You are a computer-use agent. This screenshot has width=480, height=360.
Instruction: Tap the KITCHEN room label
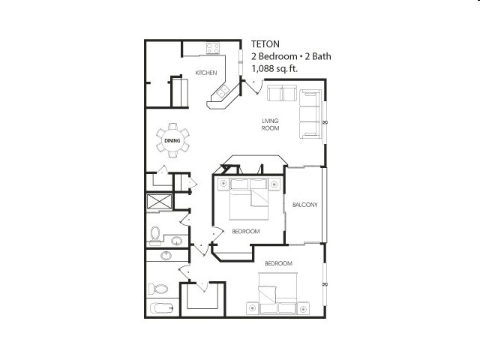click(x=206, y=73)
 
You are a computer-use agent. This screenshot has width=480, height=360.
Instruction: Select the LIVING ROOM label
click(x=270, y=124)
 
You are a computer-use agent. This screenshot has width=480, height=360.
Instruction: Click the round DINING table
click(x=172, y=140)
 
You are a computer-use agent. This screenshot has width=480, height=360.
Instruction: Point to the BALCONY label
click(x=305, y=205)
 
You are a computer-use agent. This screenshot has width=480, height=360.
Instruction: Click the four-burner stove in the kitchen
click(x=213, y=48)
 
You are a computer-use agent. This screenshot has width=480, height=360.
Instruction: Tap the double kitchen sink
click(x=223, y=91)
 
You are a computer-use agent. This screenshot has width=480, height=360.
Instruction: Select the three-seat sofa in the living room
click(x=310, y=114)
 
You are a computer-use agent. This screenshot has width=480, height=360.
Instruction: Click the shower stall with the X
click(x=159, y=202)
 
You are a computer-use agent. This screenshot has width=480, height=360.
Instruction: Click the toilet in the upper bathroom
click(x=155, y=235)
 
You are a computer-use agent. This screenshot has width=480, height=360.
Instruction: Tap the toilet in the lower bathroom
click(x=158, y=289)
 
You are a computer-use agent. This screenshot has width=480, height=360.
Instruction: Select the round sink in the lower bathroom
click(x=166, y=255)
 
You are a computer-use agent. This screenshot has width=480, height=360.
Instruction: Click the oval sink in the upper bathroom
click(x=177, y=241)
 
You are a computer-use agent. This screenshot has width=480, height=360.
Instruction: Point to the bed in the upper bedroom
click(x=248, y=199)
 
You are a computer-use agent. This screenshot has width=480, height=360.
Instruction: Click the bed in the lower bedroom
click(x=277, y=293)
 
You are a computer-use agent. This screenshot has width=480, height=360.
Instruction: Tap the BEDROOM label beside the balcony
click(x=246, y=232)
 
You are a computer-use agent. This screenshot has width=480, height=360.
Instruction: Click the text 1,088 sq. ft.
click(x=274, y=68)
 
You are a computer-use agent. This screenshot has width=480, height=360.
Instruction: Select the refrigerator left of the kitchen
click(x=180, y=92)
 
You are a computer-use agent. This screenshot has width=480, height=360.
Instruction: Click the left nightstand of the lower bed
click(x=253, y=308)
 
